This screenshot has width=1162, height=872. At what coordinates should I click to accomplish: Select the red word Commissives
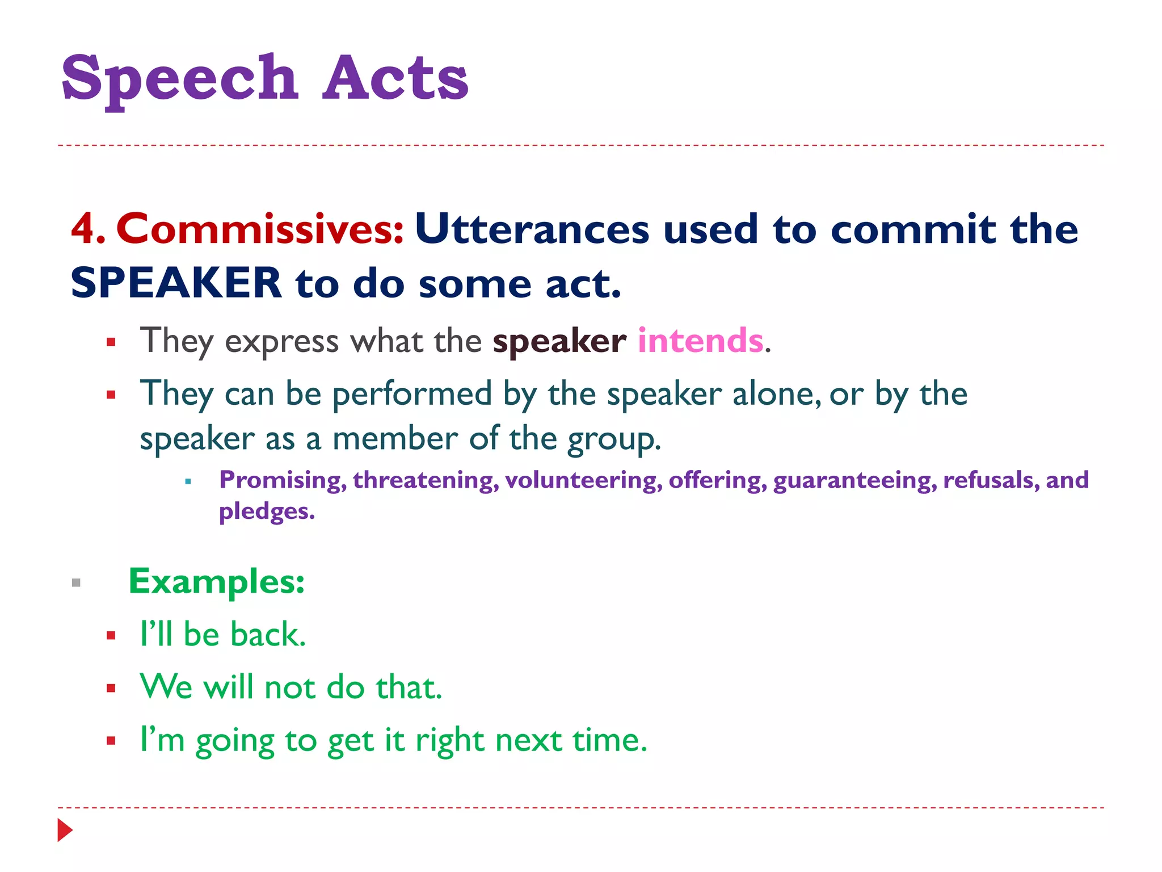coord(260,229)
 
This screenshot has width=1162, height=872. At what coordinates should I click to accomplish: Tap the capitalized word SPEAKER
coord(176,283)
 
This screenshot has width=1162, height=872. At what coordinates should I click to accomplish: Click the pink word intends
coord(701,341)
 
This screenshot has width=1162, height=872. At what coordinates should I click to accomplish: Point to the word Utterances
coord(532,229)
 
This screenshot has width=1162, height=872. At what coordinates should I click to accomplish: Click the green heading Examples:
coord(217,581)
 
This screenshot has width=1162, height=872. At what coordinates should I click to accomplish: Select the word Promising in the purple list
coord(283,480)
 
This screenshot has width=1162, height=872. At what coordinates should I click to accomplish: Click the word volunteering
coord(583,480)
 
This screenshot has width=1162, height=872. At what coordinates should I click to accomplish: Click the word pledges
coord(266,511)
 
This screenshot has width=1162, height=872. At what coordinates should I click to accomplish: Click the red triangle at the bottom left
coord(65,830)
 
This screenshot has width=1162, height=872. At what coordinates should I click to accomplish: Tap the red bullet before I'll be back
coord(111,635)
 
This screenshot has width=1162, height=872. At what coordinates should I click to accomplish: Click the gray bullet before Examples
coord(77,582)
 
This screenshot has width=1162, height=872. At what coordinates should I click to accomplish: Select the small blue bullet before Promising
coord(188,482)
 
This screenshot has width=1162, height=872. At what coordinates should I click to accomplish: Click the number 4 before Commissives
coord(83,229)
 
